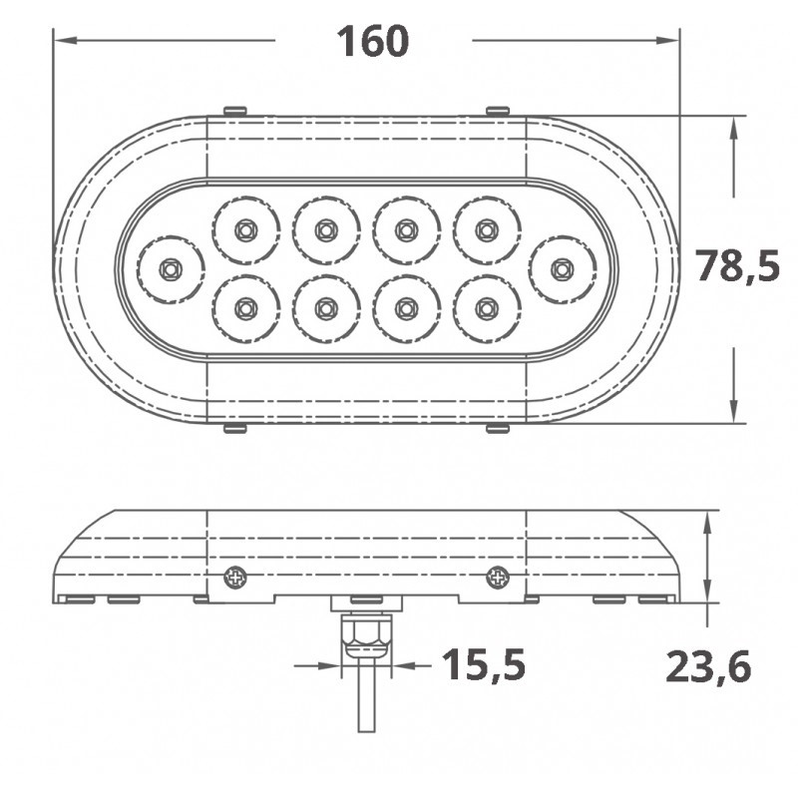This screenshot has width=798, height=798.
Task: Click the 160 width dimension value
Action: click(372, 41)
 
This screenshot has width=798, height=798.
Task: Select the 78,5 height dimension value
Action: click(737, 265)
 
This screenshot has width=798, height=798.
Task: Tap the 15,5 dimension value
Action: click(484, 664)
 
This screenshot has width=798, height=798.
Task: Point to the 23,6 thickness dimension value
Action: click(708, 666)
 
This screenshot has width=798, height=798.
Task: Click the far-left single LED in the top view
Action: click(170, 269)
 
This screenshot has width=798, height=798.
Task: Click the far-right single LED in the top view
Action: click(562, 269)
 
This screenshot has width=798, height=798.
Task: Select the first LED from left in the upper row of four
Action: click(245, 230)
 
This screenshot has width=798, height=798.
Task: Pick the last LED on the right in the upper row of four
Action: click(487, 230)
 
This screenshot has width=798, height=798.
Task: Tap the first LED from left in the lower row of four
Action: click(245, 308)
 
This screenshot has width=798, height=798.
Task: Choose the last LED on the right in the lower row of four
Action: click(487, 308)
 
